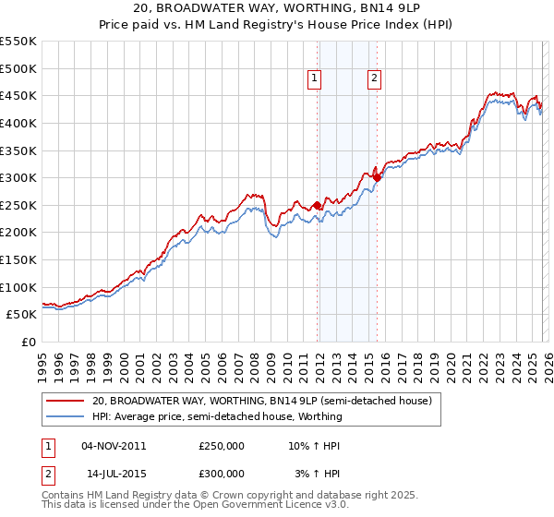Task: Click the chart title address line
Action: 277,8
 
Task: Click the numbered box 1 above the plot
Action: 316,79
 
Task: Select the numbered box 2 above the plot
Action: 375,79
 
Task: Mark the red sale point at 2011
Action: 317,205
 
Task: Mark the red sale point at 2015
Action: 377,177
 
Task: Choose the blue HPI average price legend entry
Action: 217,416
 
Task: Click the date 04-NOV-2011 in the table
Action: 114,445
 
